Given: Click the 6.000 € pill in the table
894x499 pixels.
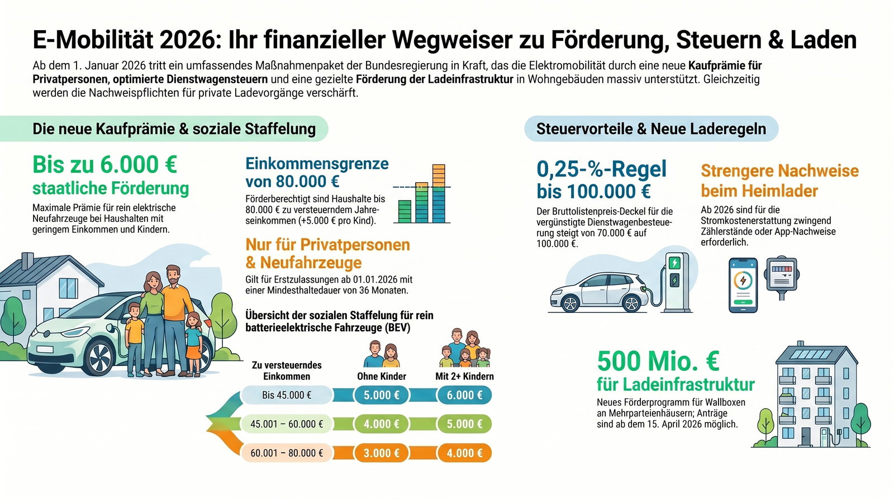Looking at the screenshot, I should click(x=464, y=395).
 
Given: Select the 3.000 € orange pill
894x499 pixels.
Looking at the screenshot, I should click(x=381, y=453).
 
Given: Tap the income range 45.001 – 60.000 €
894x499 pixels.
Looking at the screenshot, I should click(x=286, y=424).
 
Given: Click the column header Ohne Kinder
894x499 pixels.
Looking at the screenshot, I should click(x=381, y=376).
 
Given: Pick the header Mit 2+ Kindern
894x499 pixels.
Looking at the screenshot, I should click(x=464, y=376).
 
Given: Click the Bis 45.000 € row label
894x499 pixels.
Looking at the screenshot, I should click(x=286, y=395).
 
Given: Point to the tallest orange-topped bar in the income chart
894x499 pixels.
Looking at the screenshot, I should click(x=439, y=193).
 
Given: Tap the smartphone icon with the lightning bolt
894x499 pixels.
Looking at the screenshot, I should click(x=743, y=285).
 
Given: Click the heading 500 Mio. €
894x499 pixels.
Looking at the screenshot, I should click(x=658, y=361).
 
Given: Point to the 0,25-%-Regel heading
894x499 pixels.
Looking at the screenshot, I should click(x=601, y=169).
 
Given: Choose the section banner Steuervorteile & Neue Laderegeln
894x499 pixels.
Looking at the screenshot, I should click(x=651, y=129).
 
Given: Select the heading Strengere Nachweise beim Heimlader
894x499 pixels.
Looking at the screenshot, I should click(x=779, y=180).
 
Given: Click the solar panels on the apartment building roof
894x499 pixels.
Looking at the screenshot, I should click(x=816, y=355).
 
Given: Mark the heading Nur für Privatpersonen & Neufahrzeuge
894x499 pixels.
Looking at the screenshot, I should click(x=327, y=253).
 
